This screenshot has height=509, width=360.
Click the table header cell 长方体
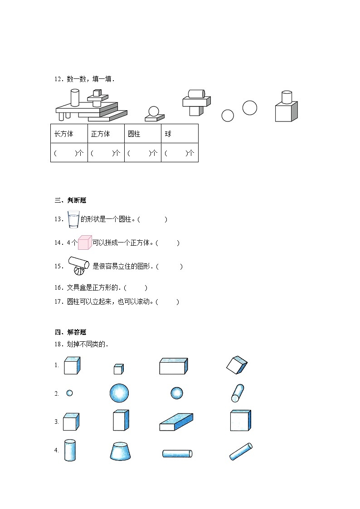point(69,133)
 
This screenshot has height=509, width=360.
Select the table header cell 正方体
point(106,133)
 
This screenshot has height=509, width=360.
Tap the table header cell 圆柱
point(143,133)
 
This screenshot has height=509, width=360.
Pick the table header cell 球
point(180,133)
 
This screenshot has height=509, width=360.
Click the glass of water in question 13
point(73,219)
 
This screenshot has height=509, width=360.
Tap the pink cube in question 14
point(85,242)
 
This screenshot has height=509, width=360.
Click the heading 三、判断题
point(70,200)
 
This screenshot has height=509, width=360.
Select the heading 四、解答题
point(70,332)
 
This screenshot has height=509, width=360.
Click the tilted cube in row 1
point(237,365)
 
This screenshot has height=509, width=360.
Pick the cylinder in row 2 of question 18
point(237,393)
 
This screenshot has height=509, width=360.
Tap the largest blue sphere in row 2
point(119,393)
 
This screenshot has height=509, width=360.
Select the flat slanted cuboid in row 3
point(176,422)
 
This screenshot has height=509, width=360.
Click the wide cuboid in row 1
point(174,366)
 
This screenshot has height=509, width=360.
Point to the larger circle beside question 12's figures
point(250,108)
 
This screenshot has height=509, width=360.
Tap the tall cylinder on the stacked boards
point(75,98)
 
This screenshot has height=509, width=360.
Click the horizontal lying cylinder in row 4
point(177,454)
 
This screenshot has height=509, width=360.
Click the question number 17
point(59,301)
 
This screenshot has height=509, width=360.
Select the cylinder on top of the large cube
point(287,97)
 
